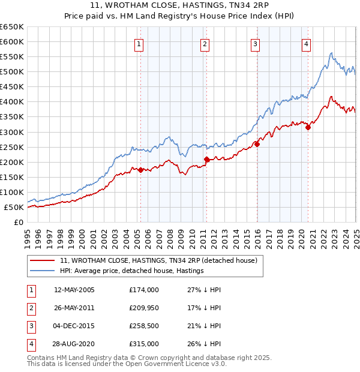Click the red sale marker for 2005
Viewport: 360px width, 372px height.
click(140, 170)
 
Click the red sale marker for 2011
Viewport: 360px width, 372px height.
click(206, 159)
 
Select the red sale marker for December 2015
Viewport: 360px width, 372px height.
click(257, 144)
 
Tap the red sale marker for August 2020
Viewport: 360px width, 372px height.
click(308, 127)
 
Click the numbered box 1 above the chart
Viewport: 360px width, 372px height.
click(139, 43)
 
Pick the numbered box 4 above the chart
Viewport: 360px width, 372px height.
click(306, 43)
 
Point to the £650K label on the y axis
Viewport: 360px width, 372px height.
click(12, 27)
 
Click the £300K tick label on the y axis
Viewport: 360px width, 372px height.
click(12, 132)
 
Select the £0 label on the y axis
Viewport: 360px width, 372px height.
click(19, 222)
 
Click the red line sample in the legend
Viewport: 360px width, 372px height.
click(43, 260)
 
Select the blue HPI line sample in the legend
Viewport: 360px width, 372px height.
click(43, 271)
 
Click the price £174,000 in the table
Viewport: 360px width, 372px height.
click(144, 290)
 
